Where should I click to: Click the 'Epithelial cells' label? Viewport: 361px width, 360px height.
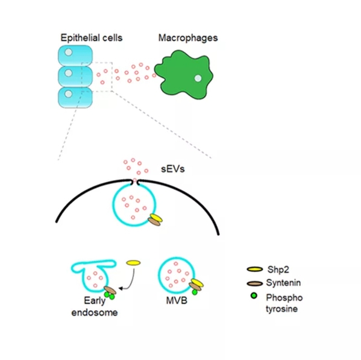[x=92, y=38]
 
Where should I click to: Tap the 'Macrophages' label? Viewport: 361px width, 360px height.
[x=188, y=38]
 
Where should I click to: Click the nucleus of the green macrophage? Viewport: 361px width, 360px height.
[x=198, y=78]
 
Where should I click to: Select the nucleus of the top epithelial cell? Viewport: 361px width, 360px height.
[x=68, y=52]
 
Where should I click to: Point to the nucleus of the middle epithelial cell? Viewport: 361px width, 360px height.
[x=68, y=73]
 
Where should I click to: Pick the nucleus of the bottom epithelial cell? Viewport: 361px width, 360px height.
[x=68, y=93]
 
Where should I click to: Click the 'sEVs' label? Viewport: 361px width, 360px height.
[x=173, y=169]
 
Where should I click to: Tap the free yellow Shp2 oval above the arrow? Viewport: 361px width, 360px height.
[x=133, y=263]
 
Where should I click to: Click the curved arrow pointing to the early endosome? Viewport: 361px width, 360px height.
[x=131, y=282]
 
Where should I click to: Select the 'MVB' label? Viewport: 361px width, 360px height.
[x=177, y=300]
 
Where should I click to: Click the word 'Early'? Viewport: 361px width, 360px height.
[x=95, y=300]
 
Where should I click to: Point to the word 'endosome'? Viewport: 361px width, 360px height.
[x=95, y=312]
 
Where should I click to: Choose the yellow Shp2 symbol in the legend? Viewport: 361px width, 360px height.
[x=255, y=269]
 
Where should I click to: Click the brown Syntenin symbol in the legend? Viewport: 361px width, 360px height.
[x=255, y=283]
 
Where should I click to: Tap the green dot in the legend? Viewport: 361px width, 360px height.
[x=254, y=295]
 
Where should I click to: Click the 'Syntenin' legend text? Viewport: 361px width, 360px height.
[x=283, y=283]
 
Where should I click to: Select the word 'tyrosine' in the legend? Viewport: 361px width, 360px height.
[x=281, y=309]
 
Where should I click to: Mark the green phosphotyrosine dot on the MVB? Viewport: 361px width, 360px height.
[x=195, y=292]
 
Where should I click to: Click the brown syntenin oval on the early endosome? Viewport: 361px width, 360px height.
[x=110, y=290]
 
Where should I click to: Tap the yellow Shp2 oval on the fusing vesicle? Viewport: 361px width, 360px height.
[x=156, y=218]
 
